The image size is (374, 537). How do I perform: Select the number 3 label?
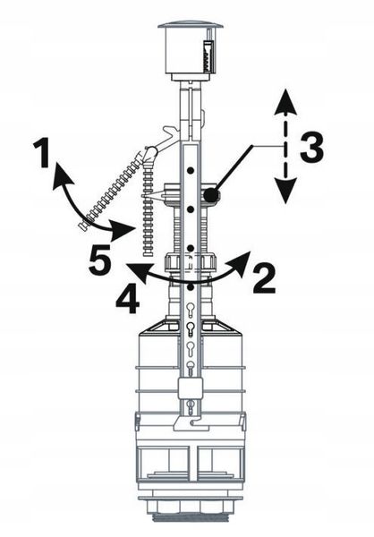pos(311,147)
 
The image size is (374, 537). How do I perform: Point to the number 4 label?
pos(127,299)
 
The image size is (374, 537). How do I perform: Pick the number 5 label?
pos(100,260)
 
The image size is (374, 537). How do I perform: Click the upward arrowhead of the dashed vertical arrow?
pos(285,102)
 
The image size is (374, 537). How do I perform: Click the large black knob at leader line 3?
pos(210,195)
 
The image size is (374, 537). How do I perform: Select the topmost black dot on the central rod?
pos(191,169)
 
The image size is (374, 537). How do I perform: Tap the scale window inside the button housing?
pos(208,55)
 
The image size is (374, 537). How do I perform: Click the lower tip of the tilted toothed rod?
pos(82,226)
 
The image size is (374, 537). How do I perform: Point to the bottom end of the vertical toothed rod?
pos(148,254)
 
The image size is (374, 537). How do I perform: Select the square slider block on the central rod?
pos(189,388)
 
